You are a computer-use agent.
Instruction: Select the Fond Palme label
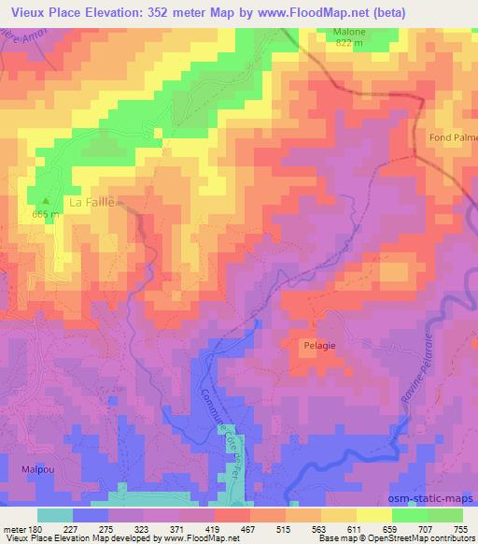[x=455, y=137]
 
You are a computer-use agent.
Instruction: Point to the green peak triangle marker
[x=44, y=199]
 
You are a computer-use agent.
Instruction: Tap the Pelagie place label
[x=318, y=344]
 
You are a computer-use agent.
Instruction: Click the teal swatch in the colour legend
[x=54, y=514]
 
